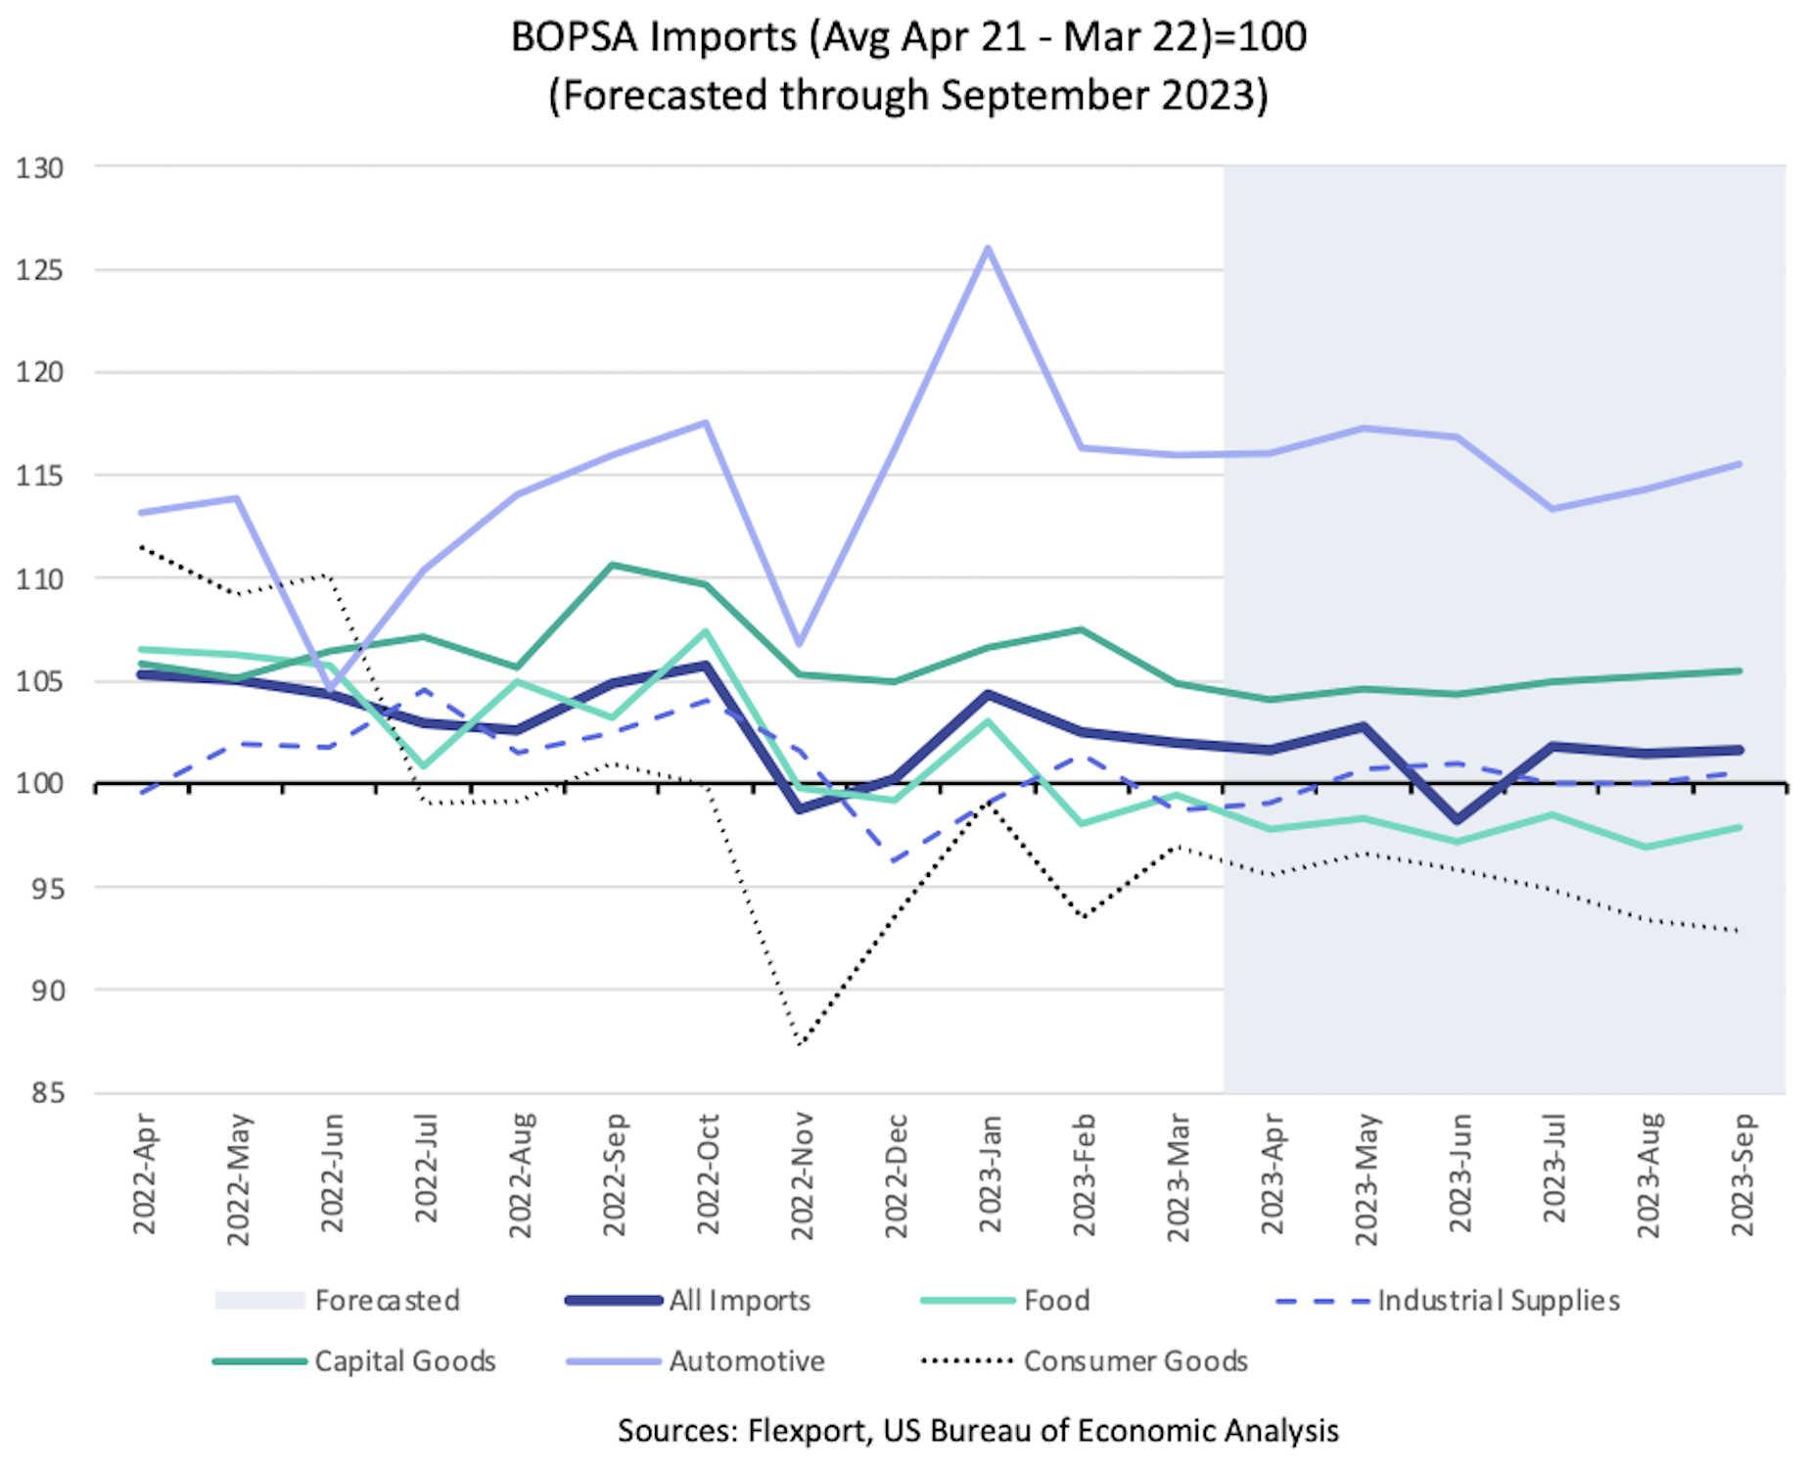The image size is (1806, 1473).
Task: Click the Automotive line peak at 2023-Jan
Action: tap(989, 248)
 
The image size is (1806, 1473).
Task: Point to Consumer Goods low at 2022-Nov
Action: tap(801, 1043)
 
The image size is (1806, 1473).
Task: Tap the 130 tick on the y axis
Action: tap(40, 168)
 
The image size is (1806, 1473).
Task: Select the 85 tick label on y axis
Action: tap(40, 1092)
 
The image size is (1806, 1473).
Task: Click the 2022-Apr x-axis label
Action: tap(144, 1174)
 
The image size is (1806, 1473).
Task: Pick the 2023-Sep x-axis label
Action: tap(1742, 1174)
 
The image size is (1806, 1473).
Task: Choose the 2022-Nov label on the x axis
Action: tap(802, 1174)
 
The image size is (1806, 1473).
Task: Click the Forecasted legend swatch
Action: tap(259, 1301)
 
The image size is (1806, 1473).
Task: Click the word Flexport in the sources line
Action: tap(807, 1431)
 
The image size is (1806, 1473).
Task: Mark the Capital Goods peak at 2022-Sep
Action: tap(613, 565)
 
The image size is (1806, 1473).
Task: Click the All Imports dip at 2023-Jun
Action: tap(1459, 820)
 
